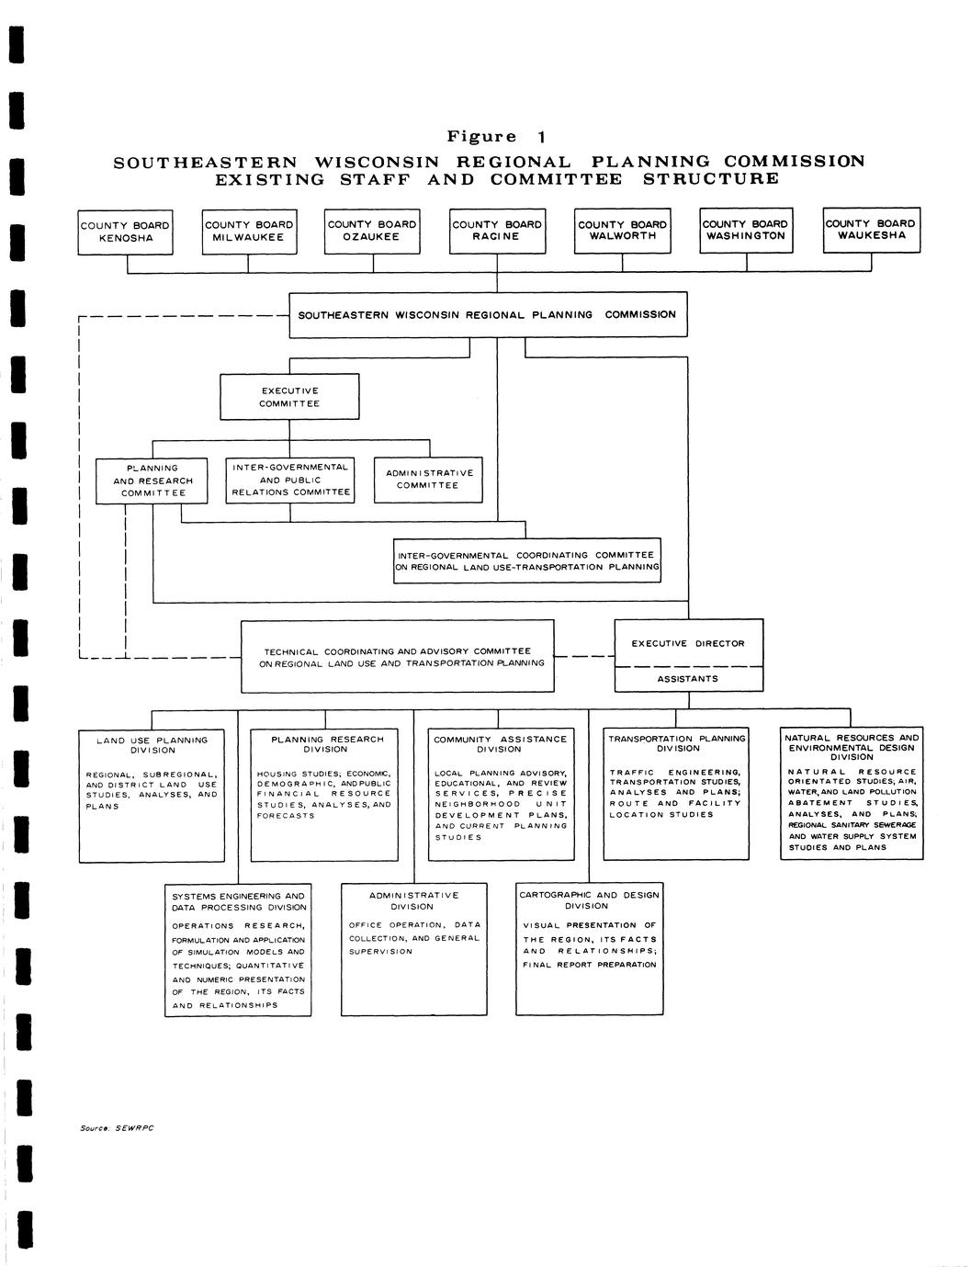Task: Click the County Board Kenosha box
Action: (x=125, y=232)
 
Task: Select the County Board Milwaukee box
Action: (x=249, y=231)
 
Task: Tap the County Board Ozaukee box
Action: (x=372, y=231)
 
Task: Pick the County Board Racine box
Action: (x=497, y=231)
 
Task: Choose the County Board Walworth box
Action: (x=622, y=230)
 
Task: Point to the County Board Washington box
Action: (x=745, y=230)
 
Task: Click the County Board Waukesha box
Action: (x=870, y=230)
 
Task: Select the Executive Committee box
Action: (x=289, y=397)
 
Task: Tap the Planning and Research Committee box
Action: (x=152, y=481)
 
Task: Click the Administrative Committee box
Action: (x=428, y=480)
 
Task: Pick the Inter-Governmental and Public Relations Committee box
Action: (x=290, y=480)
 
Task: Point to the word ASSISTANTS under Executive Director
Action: (x=688, y=679)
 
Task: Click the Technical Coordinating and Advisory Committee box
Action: (x=398, y=657)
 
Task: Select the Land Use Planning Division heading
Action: (x=152, y=745)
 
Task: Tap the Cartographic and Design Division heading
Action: (x=588, y=900)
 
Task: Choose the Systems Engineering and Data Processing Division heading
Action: (x=239, y=901)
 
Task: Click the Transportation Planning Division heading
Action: (x=677, y=743)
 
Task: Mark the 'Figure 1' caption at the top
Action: (x=496, y=137)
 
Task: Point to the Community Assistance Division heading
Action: (x=500, y=744)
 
